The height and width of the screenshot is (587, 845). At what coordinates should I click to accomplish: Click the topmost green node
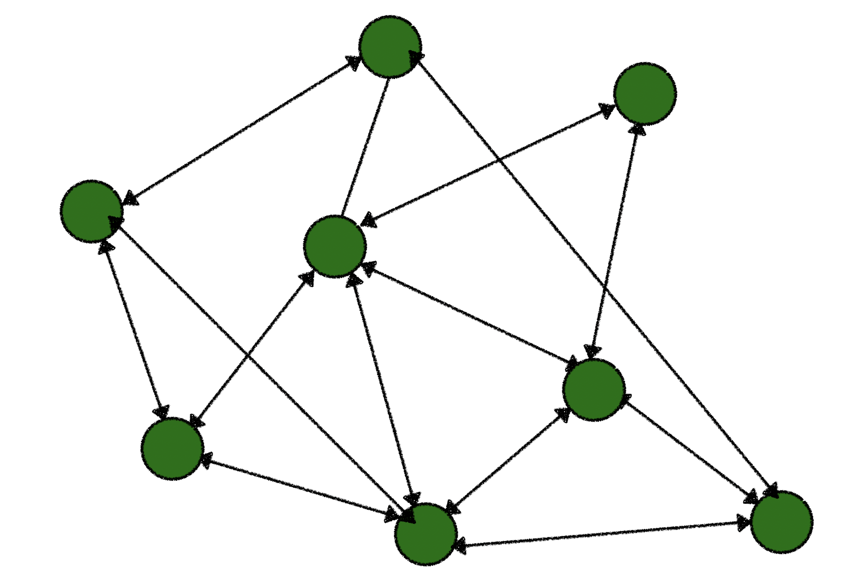[x=390, y=46]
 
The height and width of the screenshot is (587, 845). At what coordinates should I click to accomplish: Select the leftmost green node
[x=91, y=211]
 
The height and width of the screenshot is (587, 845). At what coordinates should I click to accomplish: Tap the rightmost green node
[x=782, y=522]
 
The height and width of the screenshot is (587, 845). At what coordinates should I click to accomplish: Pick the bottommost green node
[x=426, y=534]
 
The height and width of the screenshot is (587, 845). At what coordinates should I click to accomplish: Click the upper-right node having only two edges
[x=645, y=93]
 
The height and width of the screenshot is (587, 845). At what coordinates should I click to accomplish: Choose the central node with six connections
[x=335, y=246]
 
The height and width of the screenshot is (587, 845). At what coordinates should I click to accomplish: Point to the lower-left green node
[x=172, y=449]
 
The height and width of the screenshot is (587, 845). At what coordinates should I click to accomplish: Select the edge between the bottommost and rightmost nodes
[x=604, y=534]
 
